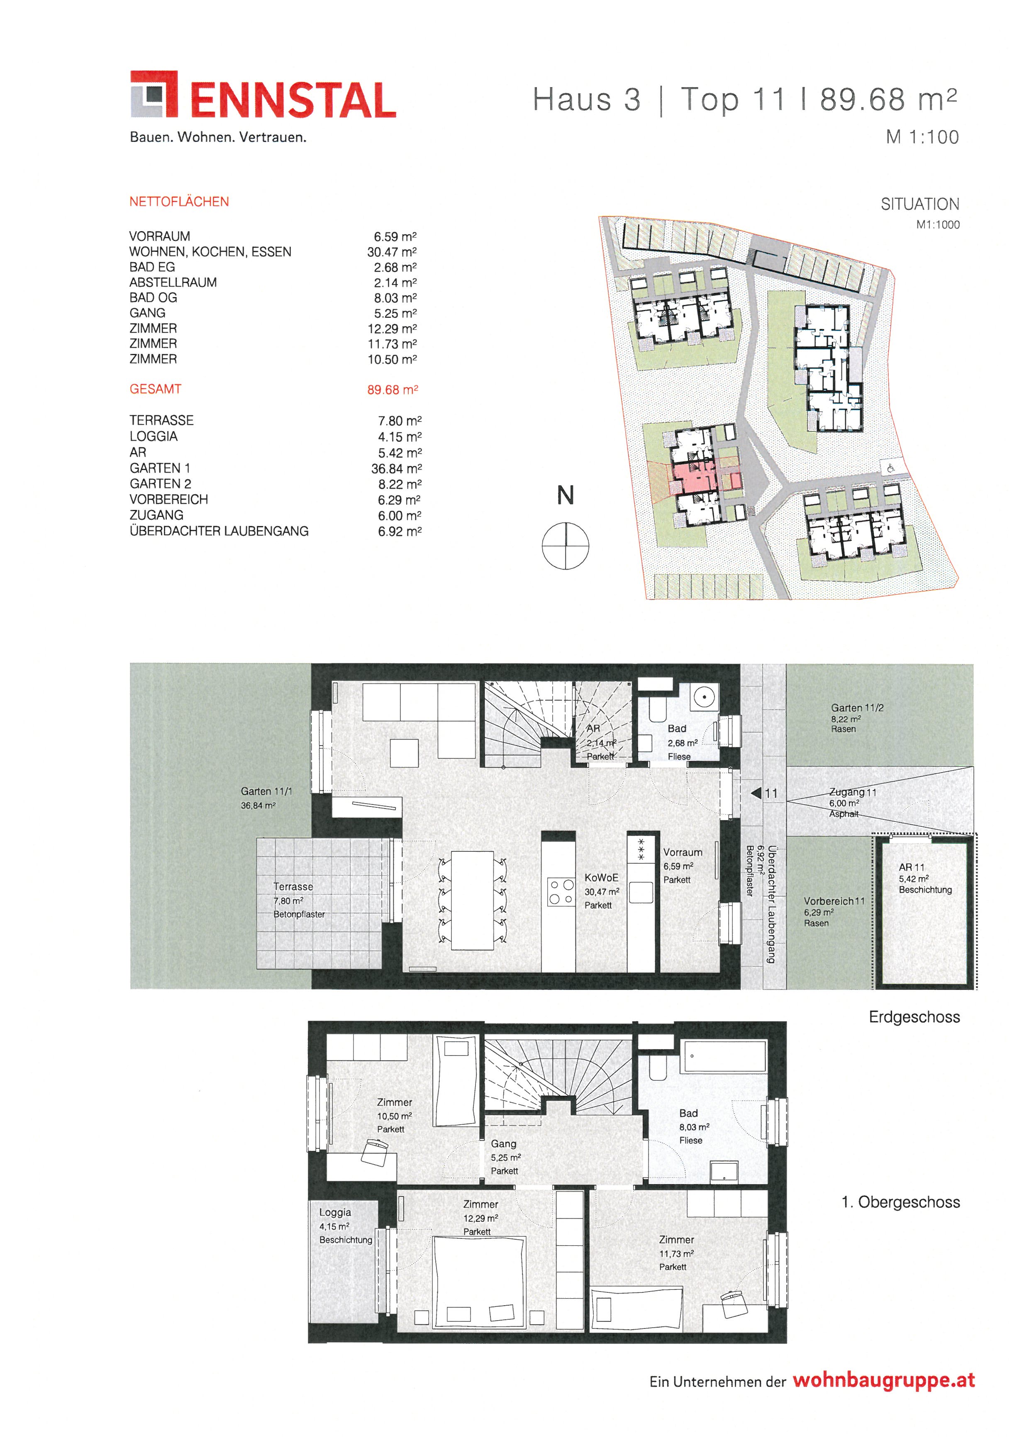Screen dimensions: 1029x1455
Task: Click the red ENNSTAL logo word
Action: [293, 100]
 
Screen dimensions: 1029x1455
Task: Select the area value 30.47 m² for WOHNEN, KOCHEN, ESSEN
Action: [392, 251]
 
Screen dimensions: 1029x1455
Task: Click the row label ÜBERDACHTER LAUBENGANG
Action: [219, 531]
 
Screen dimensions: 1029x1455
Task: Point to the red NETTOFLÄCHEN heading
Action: [179, 202]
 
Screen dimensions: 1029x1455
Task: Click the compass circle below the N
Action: [565, 546]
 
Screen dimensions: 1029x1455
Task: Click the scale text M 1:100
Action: [922, 137]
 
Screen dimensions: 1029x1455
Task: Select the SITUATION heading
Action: [920, 204]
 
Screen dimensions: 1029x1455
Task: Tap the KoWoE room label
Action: [601, 878]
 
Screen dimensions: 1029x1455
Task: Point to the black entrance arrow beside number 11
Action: [756, 793]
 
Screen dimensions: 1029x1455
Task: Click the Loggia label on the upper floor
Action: [335, 1212]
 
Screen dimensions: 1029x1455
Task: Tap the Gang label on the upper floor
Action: [504, 1144]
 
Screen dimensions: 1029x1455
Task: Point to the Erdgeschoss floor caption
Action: [914, 1017]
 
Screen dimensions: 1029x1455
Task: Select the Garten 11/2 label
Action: [857, 708]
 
